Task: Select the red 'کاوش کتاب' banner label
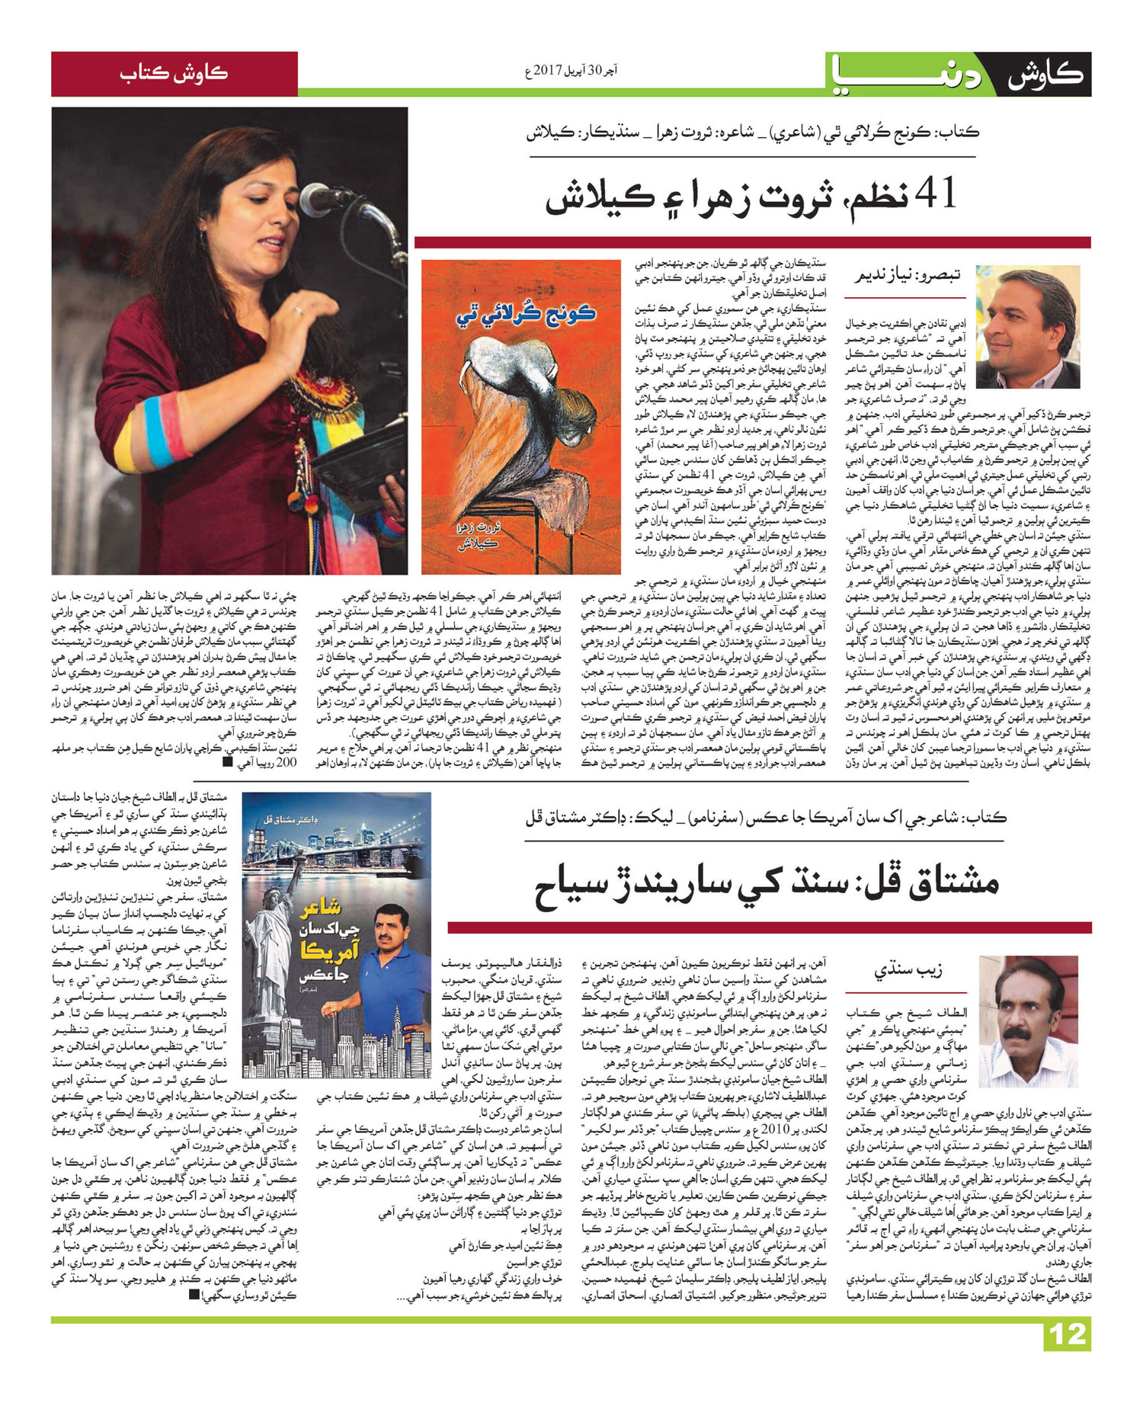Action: [174, 74]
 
